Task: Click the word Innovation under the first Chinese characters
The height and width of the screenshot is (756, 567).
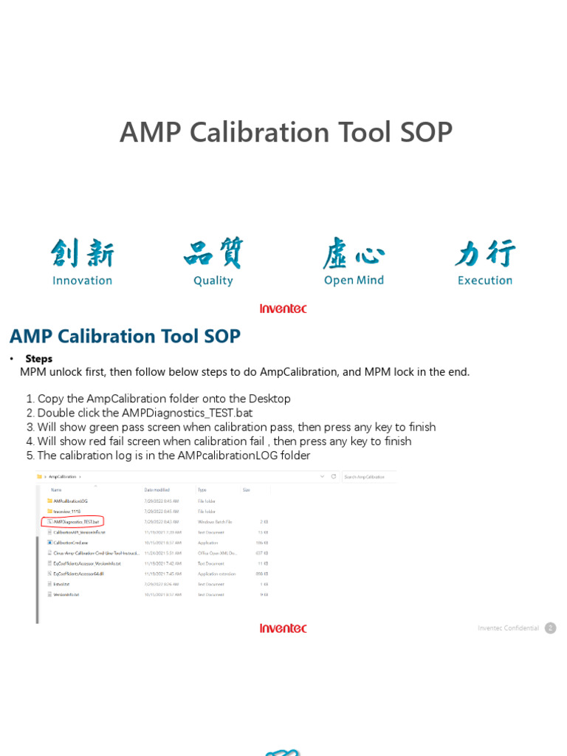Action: [x=82, y=281]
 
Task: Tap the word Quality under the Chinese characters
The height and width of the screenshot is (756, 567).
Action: [x=213, y=281]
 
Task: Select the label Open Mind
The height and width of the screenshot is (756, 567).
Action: [x=354, y=281]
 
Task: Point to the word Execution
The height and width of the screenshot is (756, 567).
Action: [x=484, y=281]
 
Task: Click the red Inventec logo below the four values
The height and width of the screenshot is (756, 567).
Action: [x=283, y=309]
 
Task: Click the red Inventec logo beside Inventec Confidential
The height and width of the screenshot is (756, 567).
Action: [x=283, y=628]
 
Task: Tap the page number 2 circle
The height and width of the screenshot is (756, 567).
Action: [x=550, y=628]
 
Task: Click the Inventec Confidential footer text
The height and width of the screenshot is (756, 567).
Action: [x=508, y=628]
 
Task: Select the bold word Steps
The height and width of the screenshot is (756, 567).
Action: [x=39, y=359]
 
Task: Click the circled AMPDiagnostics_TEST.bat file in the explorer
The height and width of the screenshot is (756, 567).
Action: [x=75, y=521]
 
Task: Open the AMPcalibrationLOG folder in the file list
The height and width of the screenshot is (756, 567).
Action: [x=70, y=501]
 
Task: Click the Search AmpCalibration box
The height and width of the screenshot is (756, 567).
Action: [x=368, y=477]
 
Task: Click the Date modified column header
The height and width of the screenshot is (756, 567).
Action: [x=157, y=489]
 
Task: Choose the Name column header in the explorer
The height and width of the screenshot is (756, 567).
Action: [x=57, y=489]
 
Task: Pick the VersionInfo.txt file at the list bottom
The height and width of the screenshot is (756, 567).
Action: [x=66, y=594]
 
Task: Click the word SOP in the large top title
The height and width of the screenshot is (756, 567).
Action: [x=426, y=133]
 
